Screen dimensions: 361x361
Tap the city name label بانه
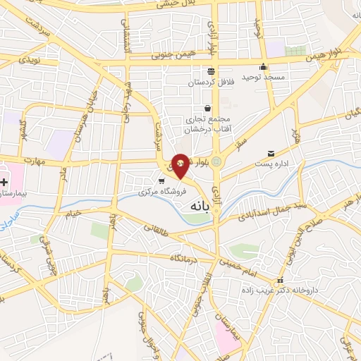201,209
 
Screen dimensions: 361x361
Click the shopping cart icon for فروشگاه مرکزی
162,180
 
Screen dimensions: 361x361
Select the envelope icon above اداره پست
271,154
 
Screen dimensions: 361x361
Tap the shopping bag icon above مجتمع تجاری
207,109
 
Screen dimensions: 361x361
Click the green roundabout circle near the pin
216,161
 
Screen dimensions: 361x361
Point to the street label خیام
73,212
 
